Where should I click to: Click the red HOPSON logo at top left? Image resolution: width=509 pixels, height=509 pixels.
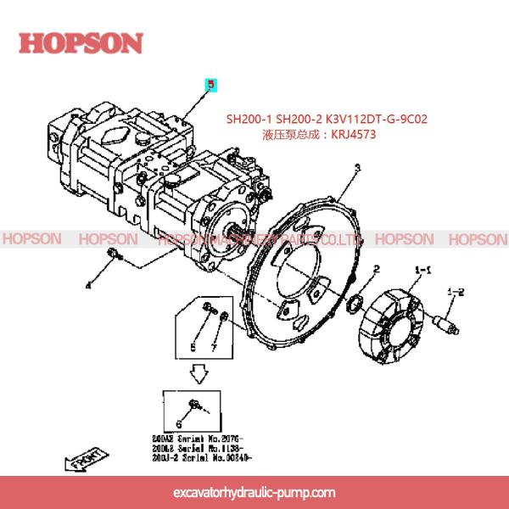(x=81, y=42)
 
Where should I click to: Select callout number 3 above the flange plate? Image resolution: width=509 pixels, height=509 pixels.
(x=357, y=168)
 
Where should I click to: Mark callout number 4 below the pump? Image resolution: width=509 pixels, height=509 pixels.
(x=87, y=286)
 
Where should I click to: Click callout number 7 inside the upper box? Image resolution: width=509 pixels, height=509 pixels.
(x=215, y=348)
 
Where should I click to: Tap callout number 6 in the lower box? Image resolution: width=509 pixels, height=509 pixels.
(x=179, y=423)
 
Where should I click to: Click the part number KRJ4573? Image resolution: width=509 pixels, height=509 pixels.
(x=352, y=134)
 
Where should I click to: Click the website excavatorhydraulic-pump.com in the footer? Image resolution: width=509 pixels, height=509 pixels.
(x=254, y=492)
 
